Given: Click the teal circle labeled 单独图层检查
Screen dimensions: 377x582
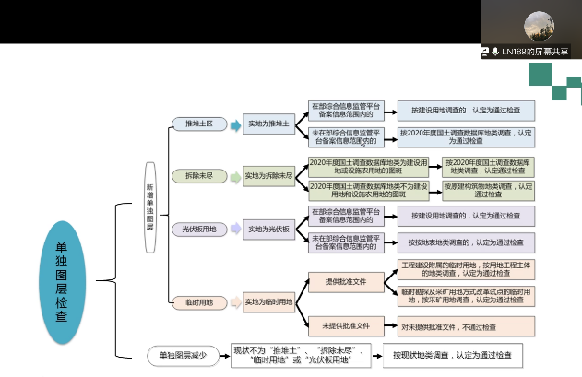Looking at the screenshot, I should (61, 281).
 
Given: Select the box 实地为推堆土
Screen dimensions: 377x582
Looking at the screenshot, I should (268, 124).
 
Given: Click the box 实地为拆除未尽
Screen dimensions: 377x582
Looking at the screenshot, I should (268, 175).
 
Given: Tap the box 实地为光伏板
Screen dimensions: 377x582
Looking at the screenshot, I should (268, 228).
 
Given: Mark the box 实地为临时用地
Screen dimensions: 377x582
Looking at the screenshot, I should (268, 301).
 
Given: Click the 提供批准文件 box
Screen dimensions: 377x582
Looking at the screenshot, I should (346, 281).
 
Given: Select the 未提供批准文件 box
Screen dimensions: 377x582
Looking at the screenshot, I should (346, 325).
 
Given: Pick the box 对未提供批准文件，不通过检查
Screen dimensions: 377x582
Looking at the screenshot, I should (456, 325).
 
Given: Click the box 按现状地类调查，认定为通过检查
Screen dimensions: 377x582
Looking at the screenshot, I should (451, 355).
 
